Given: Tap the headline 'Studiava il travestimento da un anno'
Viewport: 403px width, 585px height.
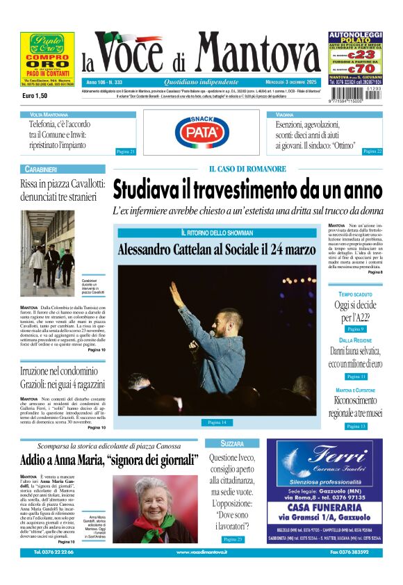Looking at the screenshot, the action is [247, 189].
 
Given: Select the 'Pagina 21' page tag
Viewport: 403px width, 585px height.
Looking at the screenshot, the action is [125, 151].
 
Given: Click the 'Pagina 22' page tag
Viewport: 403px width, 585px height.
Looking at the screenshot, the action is [372, 151].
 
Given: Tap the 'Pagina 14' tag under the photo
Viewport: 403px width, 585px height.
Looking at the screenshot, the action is [217, 422].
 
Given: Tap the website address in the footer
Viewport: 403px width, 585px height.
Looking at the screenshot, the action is [201, 552].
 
